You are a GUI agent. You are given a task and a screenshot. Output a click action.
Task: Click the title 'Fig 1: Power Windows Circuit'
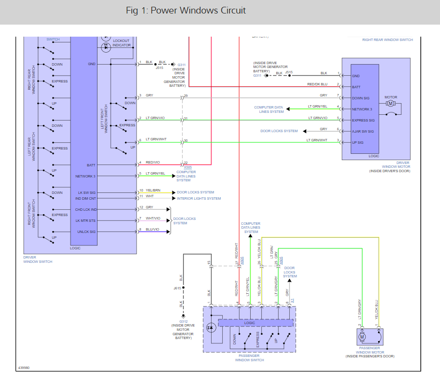tap(185, 11)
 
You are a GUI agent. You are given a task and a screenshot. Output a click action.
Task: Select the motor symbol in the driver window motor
tap(390, 103)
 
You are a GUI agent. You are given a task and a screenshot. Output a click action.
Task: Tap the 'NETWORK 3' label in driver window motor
tap(362, 109)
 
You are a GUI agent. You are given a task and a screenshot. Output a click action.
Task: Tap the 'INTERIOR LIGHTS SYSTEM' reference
tap(199, 198)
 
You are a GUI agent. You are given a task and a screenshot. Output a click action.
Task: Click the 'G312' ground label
tap(184, 321)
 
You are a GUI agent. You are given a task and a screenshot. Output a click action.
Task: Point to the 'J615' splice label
tap(177, 288)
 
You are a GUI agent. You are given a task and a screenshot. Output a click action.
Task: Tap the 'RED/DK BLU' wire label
tap(317, 84)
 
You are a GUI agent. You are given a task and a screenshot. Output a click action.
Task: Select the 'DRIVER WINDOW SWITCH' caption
tap(38, 259)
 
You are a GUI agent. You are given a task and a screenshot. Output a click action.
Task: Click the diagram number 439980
tap(24, 368)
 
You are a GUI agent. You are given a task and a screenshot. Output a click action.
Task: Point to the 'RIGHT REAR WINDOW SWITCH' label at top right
tap(387, 40)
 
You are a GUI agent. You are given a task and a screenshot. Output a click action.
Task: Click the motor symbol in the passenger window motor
tap(362, 336)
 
